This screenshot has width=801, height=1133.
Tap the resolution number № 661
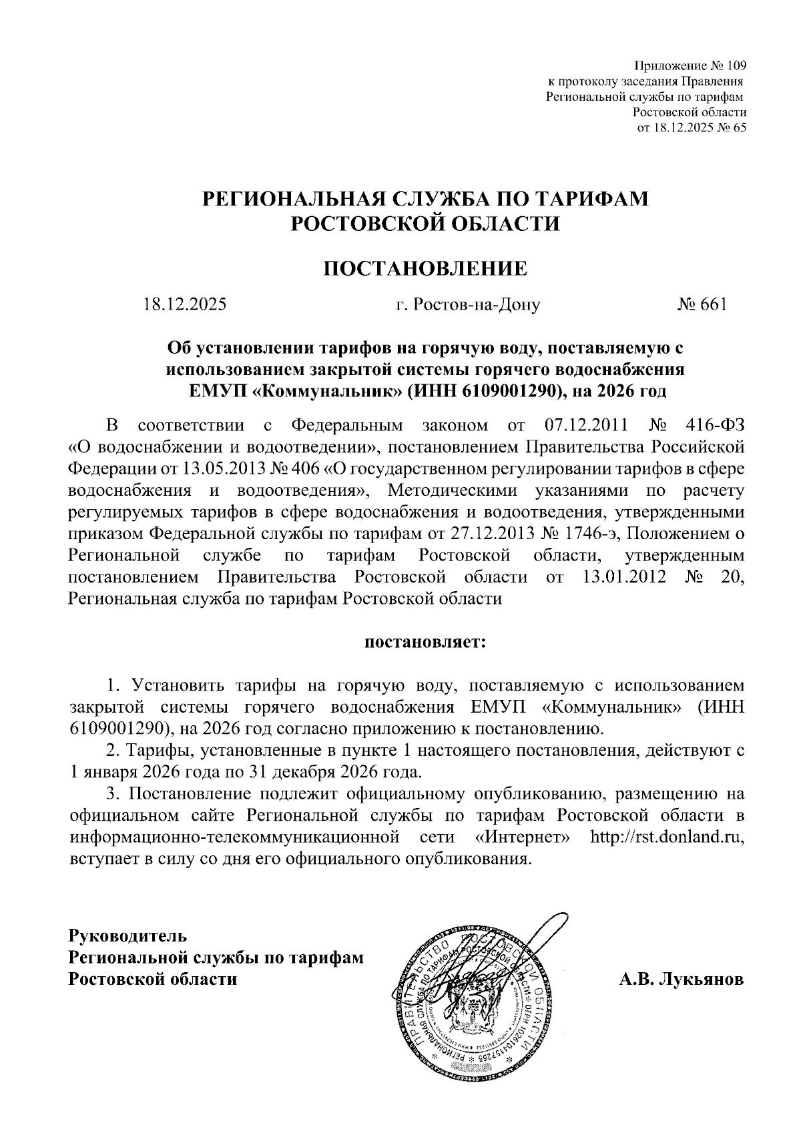pos(702,305)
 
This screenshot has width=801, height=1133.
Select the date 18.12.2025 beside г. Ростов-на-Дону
pos(185,305)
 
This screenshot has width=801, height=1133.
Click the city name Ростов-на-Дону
pos(477,305)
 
